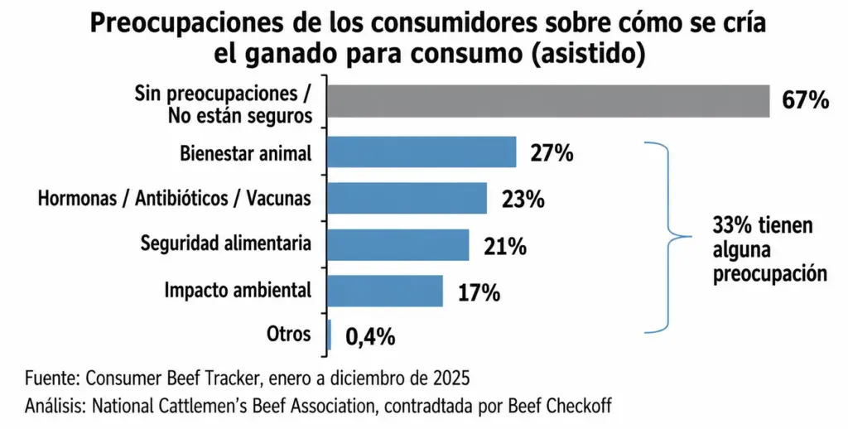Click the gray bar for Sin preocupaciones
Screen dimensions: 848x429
[x=548, y=101]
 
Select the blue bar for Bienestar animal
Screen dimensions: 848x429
[x=422, y=152]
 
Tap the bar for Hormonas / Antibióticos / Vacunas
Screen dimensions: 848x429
[x=407, y=198]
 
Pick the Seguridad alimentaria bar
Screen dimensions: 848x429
[x=398, y=244]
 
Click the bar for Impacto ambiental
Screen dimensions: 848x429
[x=385, y=291]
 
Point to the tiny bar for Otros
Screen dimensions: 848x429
[x=329, y=335]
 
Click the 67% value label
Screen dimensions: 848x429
[x=805, y=100]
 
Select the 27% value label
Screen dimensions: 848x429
[x=552, y=154]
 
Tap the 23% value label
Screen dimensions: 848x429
[x=523, y=200]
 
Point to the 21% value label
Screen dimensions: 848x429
[x=504, y=247]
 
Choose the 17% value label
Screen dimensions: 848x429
[x=479, y=292]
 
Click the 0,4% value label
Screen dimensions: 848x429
[x=370, y=338]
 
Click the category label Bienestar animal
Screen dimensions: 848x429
[x=246, y=154]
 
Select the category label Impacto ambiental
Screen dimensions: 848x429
[x=238, y=291]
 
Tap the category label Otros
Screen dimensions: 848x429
[x=289, y=334]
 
